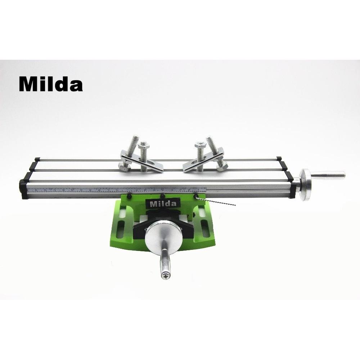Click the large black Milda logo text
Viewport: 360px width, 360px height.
tap(51, 84)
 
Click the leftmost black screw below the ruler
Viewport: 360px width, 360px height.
tap(129, 197)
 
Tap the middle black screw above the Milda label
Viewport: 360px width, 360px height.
tap(163, 196)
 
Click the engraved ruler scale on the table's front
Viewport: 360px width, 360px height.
tap(119, 190)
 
